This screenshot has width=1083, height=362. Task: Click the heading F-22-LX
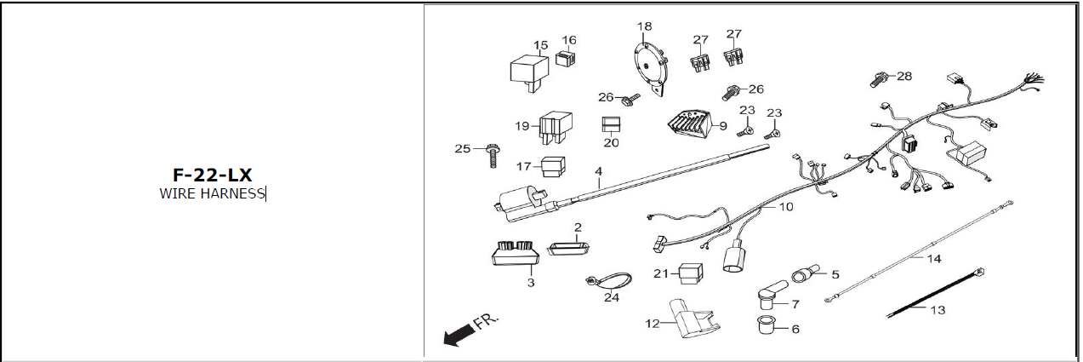212,175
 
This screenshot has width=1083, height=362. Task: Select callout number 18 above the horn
644,27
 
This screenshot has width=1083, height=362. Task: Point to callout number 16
568,39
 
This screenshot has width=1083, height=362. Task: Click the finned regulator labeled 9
689,127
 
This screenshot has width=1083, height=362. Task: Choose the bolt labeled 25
491,156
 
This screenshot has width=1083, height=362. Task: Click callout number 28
903,76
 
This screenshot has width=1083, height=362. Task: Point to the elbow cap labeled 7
767,296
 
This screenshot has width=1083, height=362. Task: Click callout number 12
653,324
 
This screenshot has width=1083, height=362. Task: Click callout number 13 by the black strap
937,310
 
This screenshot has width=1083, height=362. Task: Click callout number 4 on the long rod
598,171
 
